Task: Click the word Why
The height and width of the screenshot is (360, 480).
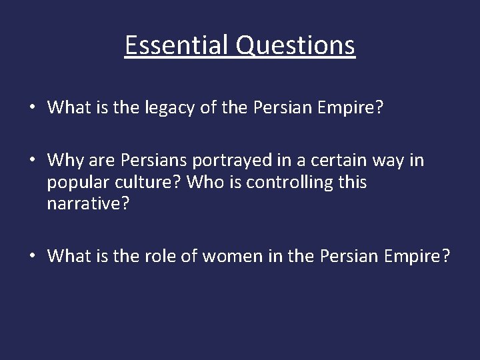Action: click(67, 161)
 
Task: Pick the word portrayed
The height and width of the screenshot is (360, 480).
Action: click(229, 161)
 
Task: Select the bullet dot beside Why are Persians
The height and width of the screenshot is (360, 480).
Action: click(32, 161)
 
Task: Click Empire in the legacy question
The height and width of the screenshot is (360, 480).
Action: click(361, 109)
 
